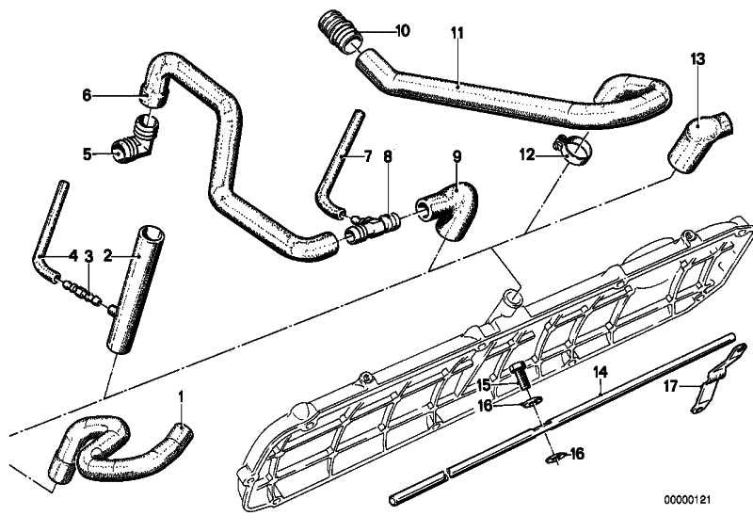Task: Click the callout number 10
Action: tap(402, 31)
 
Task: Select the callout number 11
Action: tap(457, 33)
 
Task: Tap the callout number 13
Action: tap(697, 59)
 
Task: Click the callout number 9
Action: tap(457, 156)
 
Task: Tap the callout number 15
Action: tap(481, 384)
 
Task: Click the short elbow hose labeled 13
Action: tap(695, 139)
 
